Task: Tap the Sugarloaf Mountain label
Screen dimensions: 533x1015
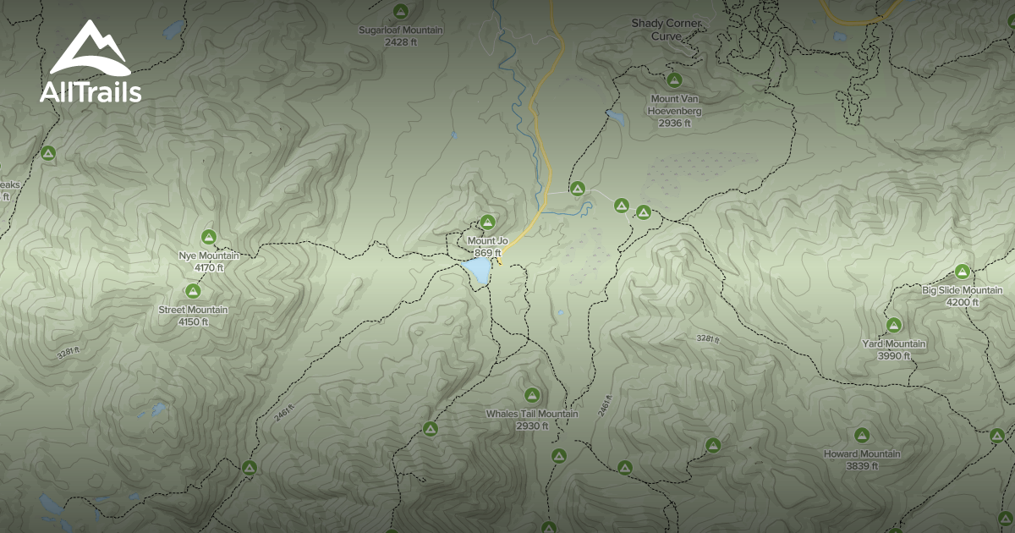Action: pos(401,30)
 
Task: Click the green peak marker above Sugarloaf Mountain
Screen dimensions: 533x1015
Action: pos(401,12)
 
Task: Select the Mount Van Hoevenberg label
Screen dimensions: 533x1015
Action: pos(674,105)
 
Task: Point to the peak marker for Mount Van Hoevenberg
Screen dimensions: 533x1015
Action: pos(674,80)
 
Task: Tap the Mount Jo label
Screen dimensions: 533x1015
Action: pos(487,241)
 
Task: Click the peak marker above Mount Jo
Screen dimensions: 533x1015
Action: pos(487,223)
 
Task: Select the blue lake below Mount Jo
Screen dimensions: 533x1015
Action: pos(477,270)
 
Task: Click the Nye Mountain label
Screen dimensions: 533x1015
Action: pos(208,256)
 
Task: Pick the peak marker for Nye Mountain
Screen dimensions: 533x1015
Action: pos(209,237)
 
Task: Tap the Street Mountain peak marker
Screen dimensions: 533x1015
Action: pos(193,291)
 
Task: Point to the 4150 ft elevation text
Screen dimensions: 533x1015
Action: pos(193,321)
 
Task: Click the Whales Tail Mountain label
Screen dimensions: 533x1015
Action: pos(532,414)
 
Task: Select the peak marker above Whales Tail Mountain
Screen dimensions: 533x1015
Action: pos(532,394)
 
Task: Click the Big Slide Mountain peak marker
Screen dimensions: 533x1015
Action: pos(962,272)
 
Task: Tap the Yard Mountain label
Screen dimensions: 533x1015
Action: pos(893,344)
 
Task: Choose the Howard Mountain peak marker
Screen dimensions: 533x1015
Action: pos(862,435)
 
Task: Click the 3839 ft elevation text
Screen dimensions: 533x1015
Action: pos(862,465)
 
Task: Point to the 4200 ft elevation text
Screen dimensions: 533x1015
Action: pos(962,302)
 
